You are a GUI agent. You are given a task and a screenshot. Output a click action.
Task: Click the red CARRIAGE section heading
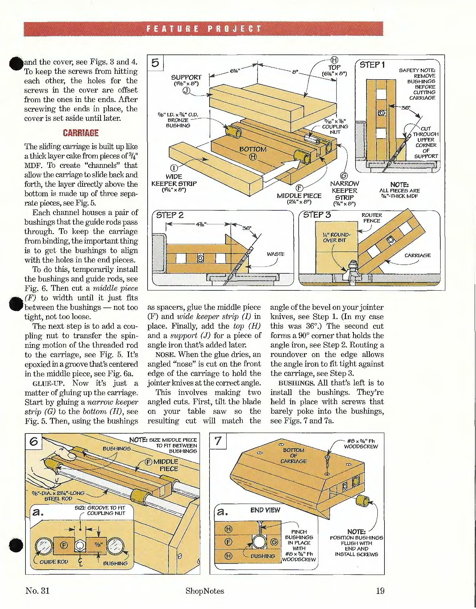tap(81, 133)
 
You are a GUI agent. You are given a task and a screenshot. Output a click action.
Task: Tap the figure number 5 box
tap(155, 63)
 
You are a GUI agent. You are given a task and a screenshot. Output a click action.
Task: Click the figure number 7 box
tap(218, 441)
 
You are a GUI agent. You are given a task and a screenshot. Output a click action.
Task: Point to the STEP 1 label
tap(372, 65)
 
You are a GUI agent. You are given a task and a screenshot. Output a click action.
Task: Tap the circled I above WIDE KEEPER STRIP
tap(174, 168)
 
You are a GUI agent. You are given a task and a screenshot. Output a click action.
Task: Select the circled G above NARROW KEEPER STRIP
tap(344, 176)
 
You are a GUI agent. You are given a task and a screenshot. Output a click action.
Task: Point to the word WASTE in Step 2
tap(275, 254)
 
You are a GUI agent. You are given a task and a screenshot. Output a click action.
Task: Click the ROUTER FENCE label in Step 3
tap(372, 218)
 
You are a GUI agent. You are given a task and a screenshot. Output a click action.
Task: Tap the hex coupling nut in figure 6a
tap(80, 545)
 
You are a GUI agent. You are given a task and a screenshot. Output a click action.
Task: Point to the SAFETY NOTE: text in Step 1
tap(417, 70)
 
